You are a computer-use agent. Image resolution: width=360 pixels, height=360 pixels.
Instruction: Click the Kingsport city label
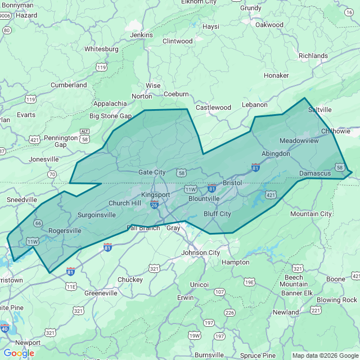click(x=155, y=195)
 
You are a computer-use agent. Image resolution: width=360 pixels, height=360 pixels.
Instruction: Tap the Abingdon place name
click(x=276, y=154)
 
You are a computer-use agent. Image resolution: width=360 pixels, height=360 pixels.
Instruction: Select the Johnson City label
click(x=201, y=253)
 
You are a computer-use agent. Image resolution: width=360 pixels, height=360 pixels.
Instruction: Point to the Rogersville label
click(x=65, y=231)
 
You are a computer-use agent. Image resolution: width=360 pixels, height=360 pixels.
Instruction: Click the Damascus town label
click(x=315, y=173)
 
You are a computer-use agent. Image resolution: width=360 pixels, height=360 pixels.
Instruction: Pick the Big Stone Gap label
click(x=110, y=116)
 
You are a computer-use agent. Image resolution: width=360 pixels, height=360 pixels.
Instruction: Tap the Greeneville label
click(x=101, y=293)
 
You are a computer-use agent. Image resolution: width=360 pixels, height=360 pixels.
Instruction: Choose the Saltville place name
click(x=320, y=110)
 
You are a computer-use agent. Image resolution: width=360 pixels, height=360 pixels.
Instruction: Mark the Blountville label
click(x=204, y=199)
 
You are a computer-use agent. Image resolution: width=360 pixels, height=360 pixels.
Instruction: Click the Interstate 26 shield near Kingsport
click(x=154, y=205)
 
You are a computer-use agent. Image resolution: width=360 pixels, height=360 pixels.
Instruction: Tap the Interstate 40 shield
click(x=4, y=328)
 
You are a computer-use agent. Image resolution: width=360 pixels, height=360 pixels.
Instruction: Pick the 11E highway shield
click(x=71, y=286)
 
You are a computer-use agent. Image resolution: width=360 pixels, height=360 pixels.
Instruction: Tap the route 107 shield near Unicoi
click(x=219, y=292)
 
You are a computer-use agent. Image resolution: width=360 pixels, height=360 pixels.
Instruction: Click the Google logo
click(x=19, y=353)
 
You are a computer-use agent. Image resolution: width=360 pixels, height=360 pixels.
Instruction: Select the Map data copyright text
click(x=325, y=355)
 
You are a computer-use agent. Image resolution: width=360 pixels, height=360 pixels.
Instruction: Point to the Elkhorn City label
click(x=199, y=2)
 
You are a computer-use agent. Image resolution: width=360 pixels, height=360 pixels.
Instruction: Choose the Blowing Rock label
click(x=337, y=300)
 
